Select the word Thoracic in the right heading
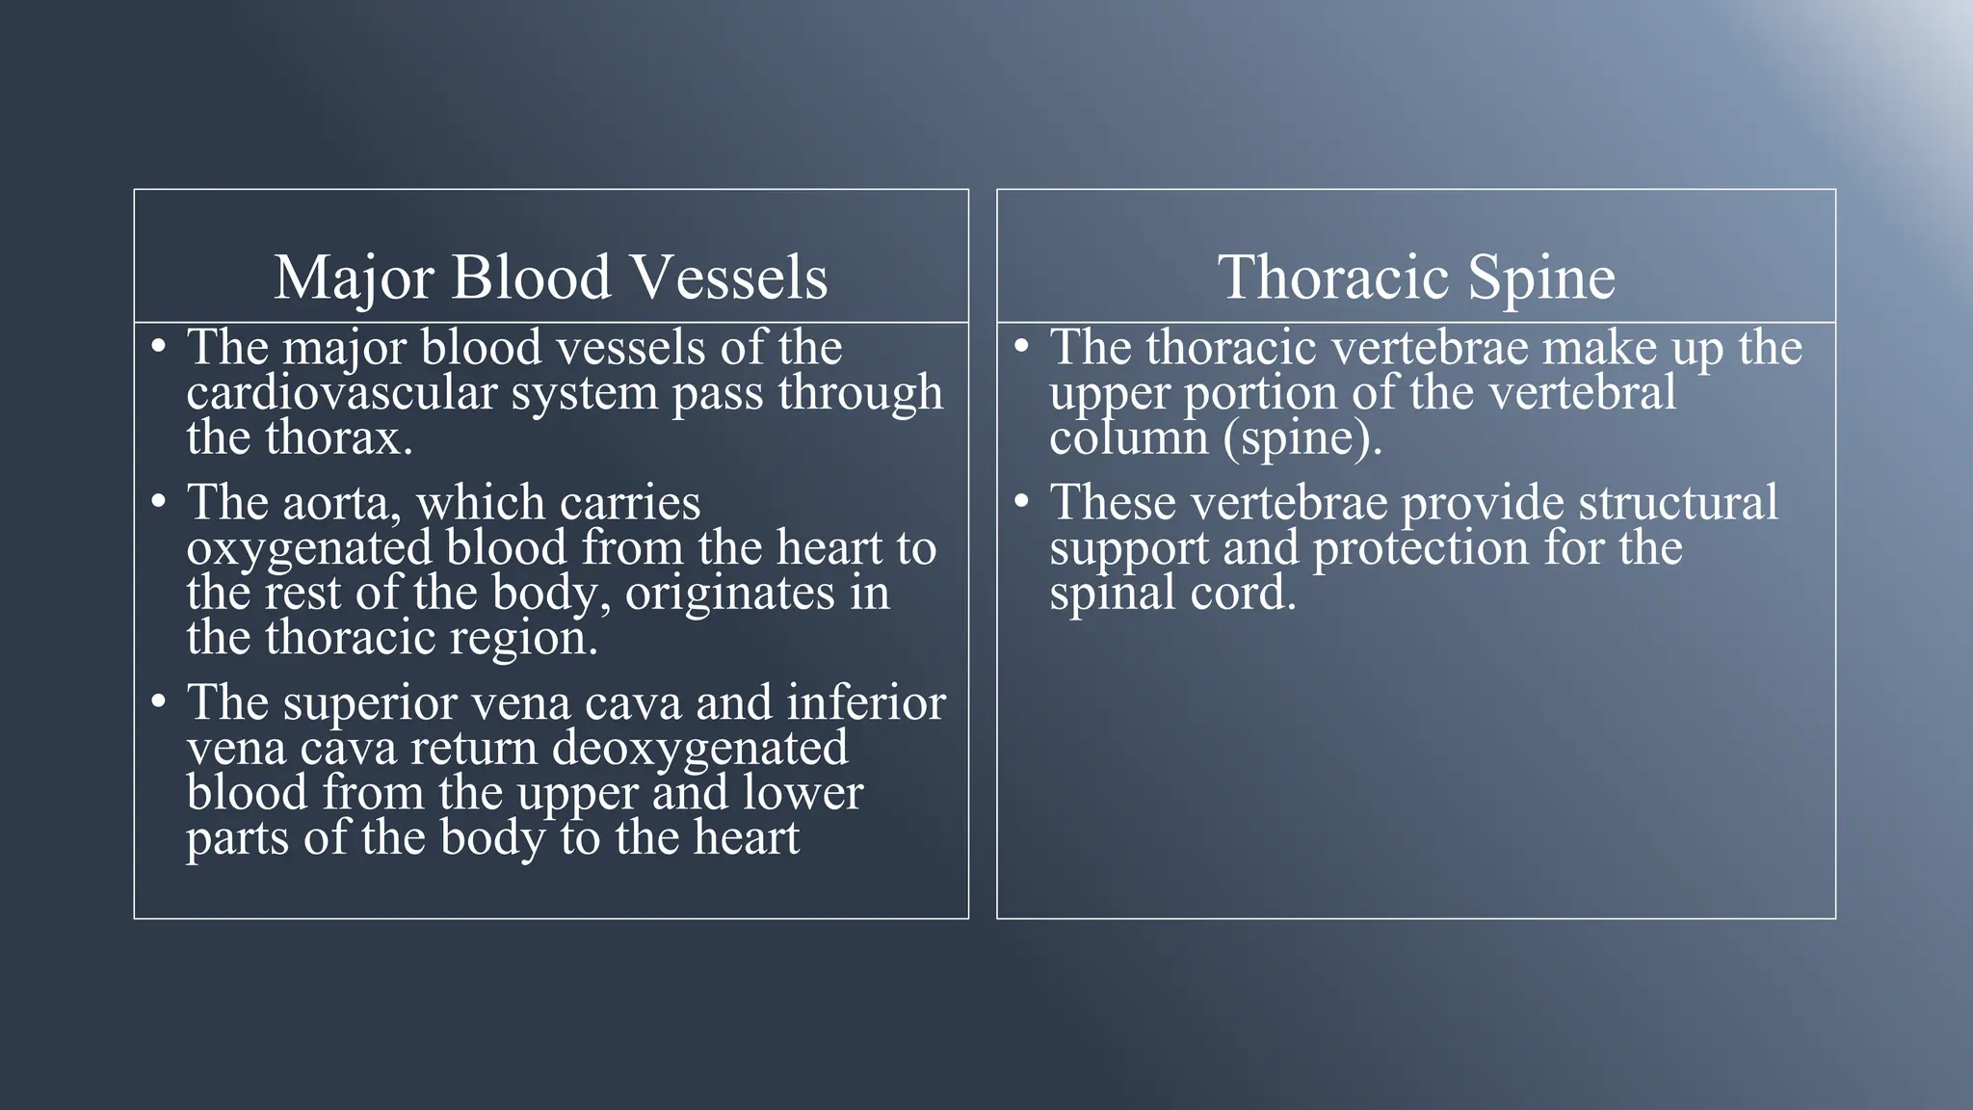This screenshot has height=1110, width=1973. point(1335,278)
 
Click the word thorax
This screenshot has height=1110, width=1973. point(339,438)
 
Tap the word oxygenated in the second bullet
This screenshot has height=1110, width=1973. point(308,548)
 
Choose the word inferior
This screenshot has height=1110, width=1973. point(866,702)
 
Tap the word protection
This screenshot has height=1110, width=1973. point(1422,548)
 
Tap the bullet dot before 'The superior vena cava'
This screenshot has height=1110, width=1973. point(160,701)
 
